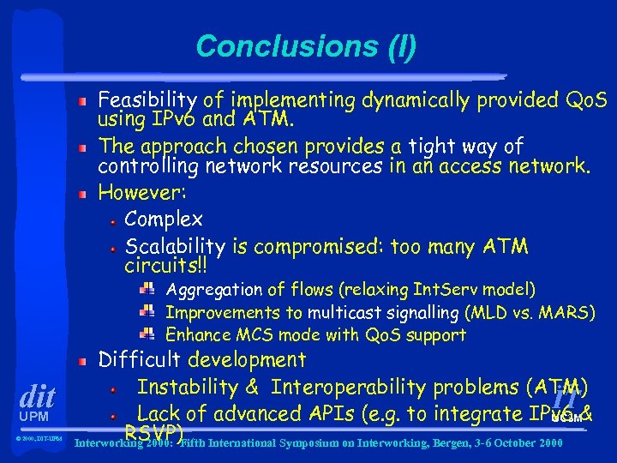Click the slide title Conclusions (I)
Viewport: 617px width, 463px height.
[306, 46]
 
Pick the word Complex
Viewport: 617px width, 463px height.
[164, 219]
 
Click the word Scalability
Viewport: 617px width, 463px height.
[175, 248]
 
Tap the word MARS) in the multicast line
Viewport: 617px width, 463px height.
[568, 313]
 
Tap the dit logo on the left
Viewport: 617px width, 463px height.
[37, 397]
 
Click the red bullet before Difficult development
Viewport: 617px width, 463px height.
[81, 361]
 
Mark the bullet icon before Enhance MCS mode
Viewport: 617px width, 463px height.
[148, 334]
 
